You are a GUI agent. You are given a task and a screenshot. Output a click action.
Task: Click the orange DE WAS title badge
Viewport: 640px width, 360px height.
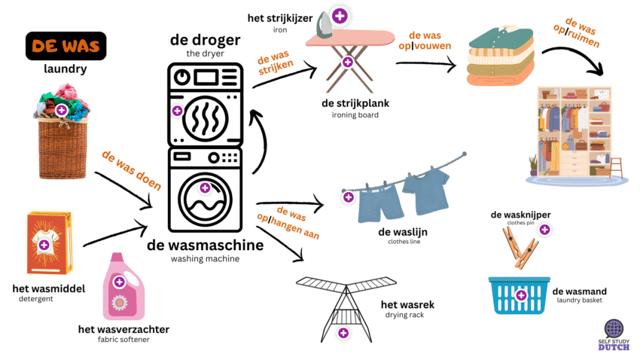pyautogui.click(x=66, y=46)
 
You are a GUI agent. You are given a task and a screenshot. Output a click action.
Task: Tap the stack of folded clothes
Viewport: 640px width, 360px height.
pyautogui.click(x=498, y=54)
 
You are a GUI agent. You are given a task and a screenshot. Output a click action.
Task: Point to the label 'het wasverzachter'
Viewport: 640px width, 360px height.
pyautogui.click(x=123, y=329)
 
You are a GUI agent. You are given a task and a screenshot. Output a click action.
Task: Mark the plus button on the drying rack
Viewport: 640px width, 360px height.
pyautogui.click(x=343, y=332)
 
